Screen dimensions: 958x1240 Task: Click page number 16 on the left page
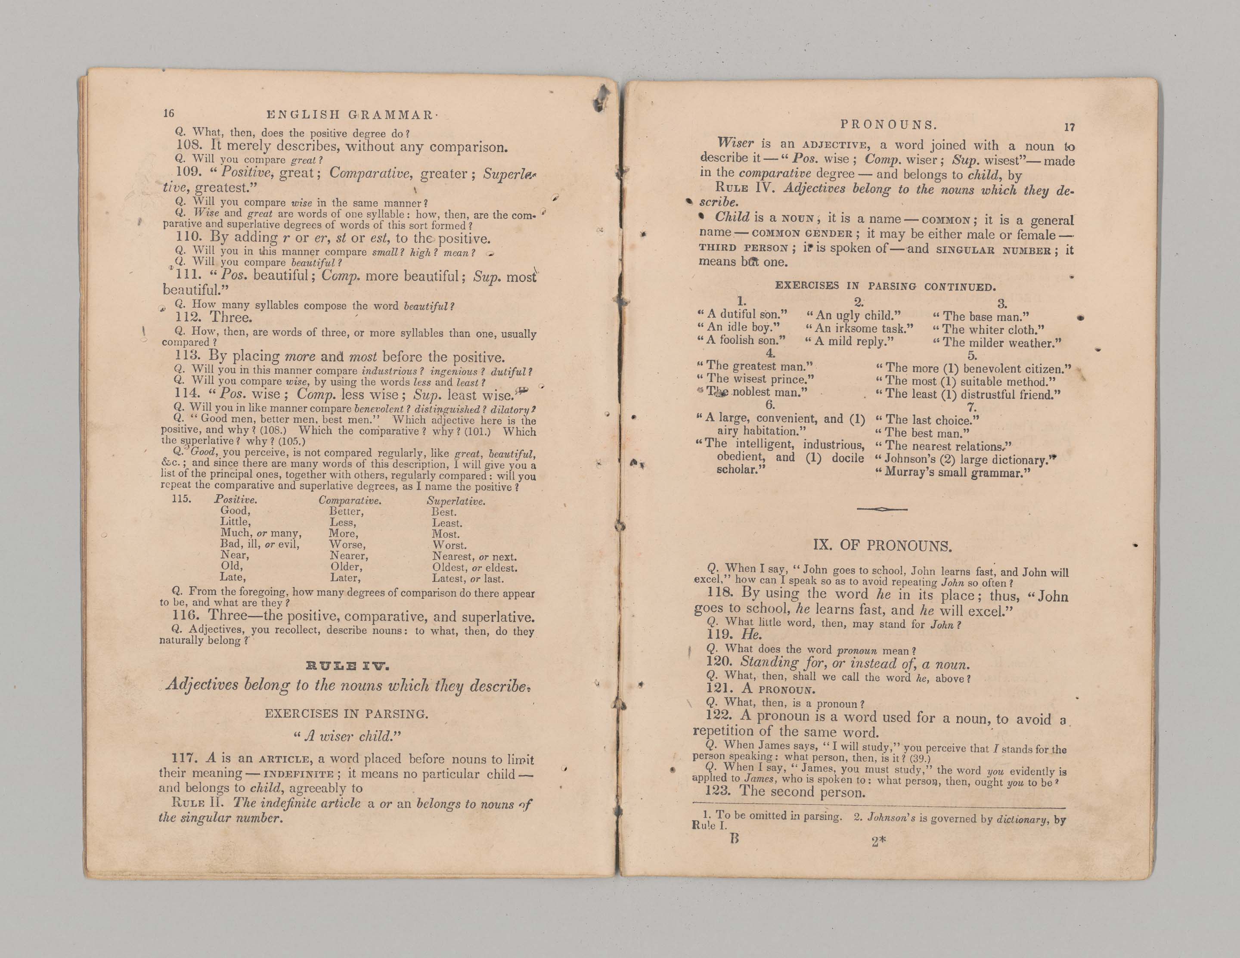click(169, 113)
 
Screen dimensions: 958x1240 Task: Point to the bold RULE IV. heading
click(347, 666)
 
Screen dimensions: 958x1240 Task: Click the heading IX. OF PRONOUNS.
click(882, 546)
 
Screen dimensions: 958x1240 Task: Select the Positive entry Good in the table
click(235, 511)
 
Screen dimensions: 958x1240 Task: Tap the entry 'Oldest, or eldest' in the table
click(474, 568)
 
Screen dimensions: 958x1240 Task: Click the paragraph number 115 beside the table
click(182, 499)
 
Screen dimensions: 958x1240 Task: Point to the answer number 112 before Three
click(188, 317)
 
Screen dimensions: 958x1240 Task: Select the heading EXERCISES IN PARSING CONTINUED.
click(885, 286)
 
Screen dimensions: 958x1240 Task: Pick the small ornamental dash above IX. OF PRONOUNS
click(882, 509)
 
